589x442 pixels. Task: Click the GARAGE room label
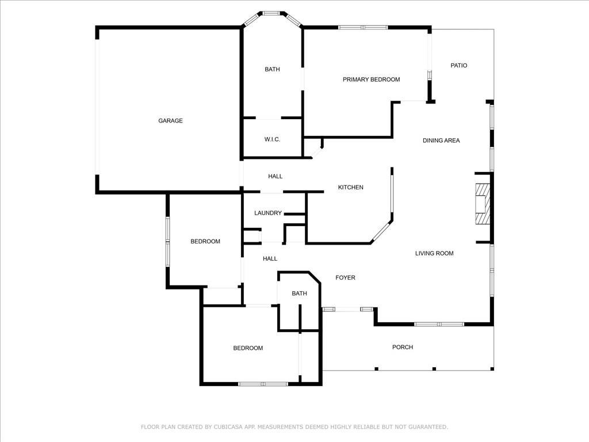point(170,121)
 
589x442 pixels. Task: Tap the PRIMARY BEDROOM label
point(371,79)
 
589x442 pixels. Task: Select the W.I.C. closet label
point(272,139)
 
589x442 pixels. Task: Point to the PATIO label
point(458,66)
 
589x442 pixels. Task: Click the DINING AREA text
point(441,140)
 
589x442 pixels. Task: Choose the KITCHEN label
point(350,187)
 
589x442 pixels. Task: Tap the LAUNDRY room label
point(268,213)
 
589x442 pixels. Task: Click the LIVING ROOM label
point(434,253)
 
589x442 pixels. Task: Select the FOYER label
point(345,278)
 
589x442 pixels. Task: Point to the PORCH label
point(403,347)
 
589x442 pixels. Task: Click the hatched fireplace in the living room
point(483,204)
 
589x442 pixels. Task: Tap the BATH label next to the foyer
point(299,294)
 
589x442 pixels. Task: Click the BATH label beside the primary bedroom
point(272,69)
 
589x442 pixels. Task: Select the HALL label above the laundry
point(276,176)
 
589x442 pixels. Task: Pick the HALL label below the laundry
point(270,258)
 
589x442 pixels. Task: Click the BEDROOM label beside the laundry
point(205,241)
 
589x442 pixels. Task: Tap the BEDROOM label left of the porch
point(248,348)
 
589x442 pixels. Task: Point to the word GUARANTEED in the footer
point(428,427)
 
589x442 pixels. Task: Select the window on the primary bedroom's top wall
point(363,28)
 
